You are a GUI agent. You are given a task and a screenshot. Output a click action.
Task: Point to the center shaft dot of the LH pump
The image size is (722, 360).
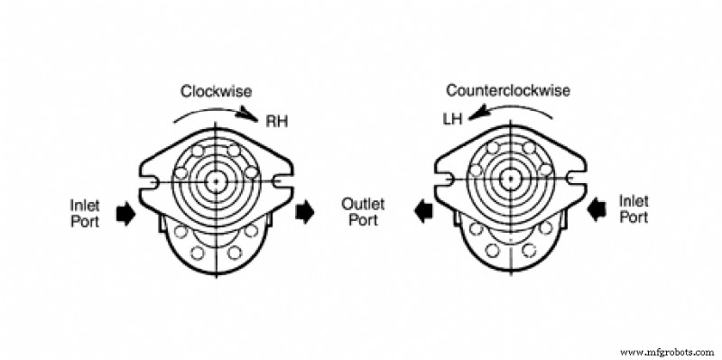pos(511,180)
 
